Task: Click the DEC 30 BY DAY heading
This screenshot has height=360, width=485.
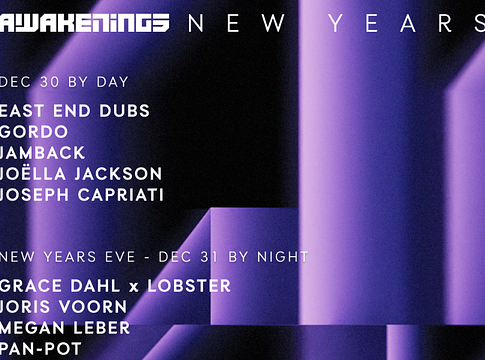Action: (x=65, y=81)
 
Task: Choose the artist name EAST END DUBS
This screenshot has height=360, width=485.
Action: (x=75, y=111)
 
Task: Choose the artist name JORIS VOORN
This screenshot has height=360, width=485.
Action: (x=64, y=307)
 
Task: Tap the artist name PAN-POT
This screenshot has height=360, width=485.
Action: (x=43, y=349)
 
